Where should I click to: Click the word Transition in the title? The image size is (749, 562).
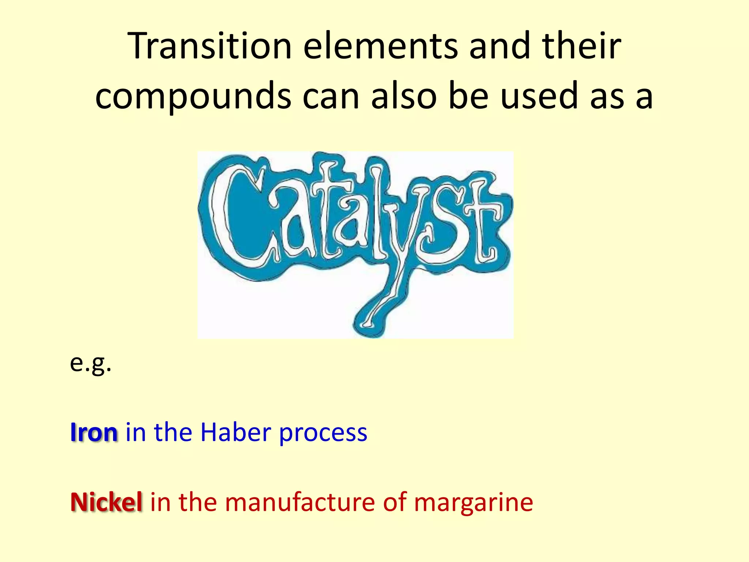pos(209,46)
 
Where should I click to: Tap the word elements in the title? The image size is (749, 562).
pos(380,46)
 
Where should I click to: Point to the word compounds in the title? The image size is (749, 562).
pos(193,96)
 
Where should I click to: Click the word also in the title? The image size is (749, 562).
pos(404,96)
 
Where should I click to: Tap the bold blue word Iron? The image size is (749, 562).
pos(94,432)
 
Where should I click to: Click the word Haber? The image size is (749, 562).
pos(235,432)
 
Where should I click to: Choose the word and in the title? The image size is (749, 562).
pos(500,46)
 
